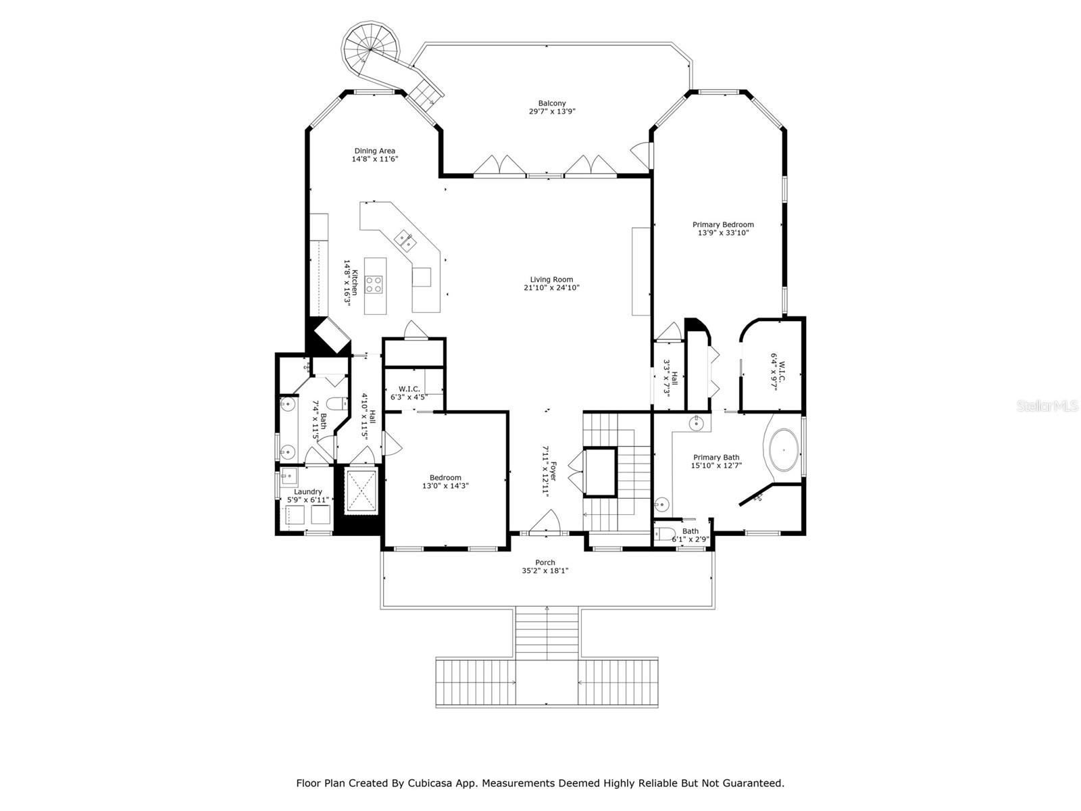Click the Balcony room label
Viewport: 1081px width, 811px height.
pos(551,103)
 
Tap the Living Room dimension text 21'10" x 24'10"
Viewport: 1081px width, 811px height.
pos(551,288)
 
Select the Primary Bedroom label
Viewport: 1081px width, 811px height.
pos(723,224)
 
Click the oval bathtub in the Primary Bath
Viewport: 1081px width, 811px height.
pos(784,449)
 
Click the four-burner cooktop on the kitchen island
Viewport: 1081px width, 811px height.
pos(374,285)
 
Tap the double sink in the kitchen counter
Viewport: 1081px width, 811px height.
pos(406,241)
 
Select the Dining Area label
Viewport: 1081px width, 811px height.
pos(375,151)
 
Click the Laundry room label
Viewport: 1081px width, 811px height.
pos(308,491)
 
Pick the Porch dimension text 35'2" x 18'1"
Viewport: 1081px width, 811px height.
pos(545,570)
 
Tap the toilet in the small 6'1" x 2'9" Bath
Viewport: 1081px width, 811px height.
pos(664,533)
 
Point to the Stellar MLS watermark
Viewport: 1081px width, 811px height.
pos(1047,406)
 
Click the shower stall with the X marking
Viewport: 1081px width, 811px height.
pos(362,491)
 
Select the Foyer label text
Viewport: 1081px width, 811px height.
pos(553,471)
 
